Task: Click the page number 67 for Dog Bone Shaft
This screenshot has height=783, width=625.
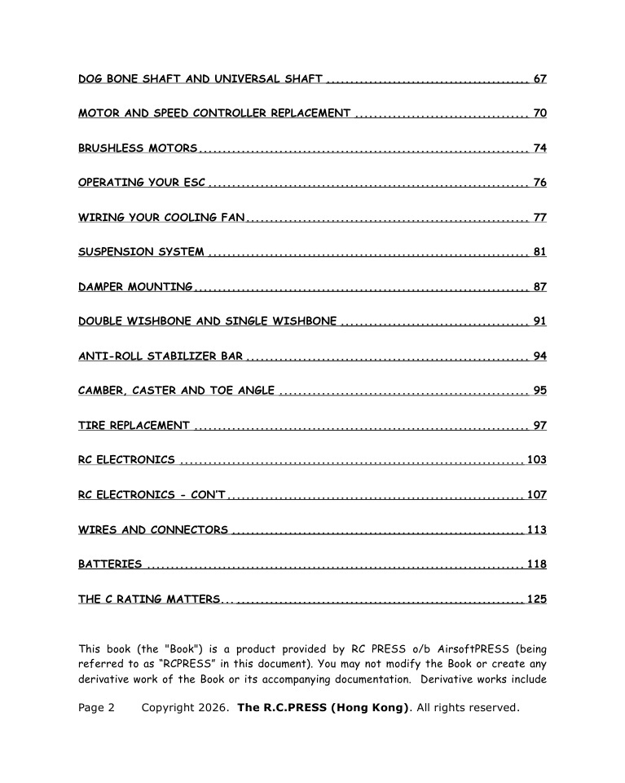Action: click(539, 79)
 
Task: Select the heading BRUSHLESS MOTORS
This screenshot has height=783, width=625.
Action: click(138, 148)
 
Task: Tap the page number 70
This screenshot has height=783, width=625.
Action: click(539, 113)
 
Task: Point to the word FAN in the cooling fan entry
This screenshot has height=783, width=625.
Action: click(232, 217)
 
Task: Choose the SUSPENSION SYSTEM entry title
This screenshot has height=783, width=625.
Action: click(141, 251)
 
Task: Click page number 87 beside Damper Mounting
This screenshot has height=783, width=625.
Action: click(539, 286)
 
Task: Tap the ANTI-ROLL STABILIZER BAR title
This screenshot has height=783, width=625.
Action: click(160, 356)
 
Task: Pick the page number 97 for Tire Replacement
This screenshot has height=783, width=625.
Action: click(539, 425)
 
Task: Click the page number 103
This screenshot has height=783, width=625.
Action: click(536, 460)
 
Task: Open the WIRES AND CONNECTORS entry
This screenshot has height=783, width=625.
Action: click(153, 529)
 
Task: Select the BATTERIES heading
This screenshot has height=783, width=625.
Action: click(110, 564)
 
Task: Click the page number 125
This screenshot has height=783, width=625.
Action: click(536, 599)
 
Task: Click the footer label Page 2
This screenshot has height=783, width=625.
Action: click(96, 707)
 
